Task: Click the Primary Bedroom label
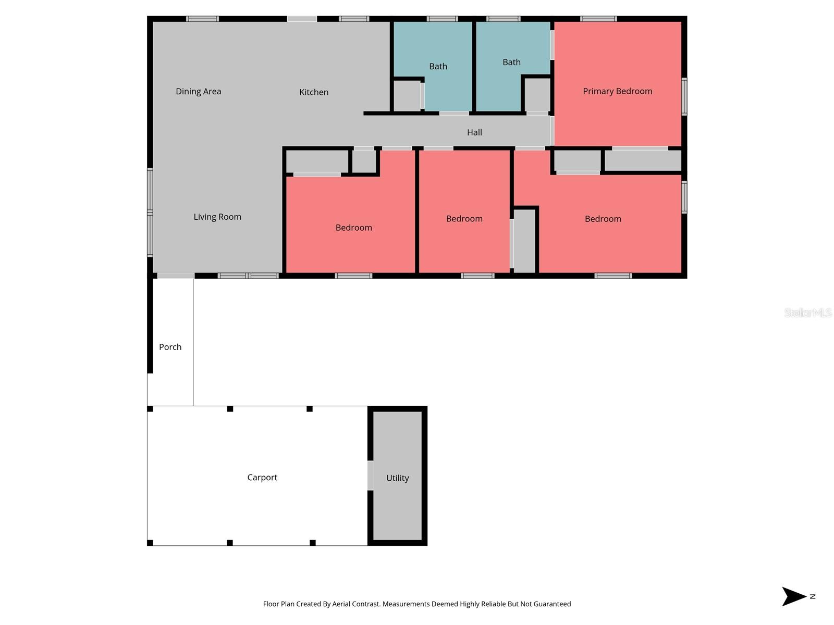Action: (x=617, y=91)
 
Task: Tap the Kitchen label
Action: (x=314, y=92)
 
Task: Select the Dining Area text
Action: (x=198, y=91)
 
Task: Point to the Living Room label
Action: (x=217, y=217)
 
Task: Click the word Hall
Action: (x=474, y=132)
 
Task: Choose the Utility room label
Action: (x=397, y=478)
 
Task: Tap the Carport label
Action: (x=262, y=477)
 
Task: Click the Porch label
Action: (x=170, y=347)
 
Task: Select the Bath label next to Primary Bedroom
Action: (x=511, y=62)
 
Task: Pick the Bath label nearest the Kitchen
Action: (x=438, y=66)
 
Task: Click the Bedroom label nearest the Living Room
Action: (x=353, y=228)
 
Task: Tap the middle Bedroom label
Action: (x=464, y=219)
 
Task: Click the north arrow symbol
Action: (x=794, y=596)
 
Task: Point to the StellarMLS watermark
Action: (x=807, y=312)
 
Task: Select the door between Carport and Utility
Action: (x=370, y=476)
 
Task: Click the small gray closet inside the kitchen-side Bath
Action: (x=407, y=96)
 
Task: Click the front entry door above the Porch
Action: (x=176, y=276)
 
